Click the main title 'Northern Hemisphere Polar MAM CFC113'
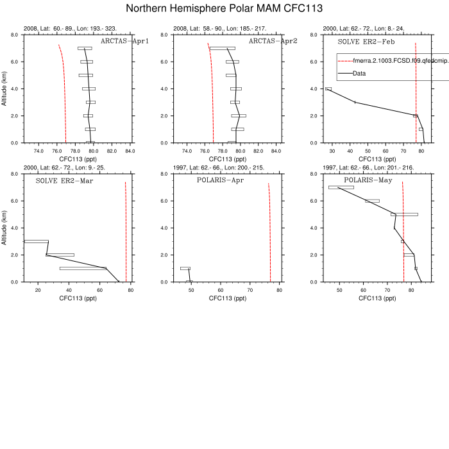pos(224,8)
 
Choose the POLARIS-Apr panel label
pos(220,180)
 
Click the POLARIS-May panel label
pos(368,180)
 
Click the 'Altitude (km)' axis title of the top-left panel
pos(6,89)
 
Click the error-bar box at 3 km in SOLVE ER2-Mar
pos(36,241)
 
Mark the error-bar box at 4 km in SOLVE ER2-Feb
pos(328,89)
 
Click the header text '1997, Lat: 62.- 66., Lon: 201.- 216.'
pos(366,167)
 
